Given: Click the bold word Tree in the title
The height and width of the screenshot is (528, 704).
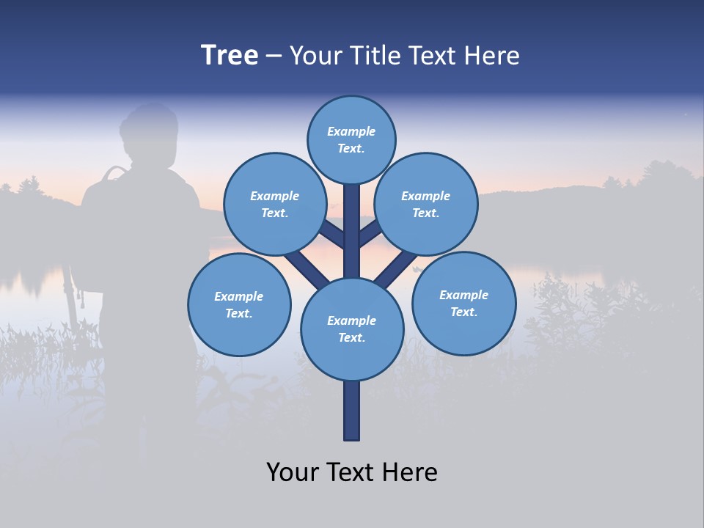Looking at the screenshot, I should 230,56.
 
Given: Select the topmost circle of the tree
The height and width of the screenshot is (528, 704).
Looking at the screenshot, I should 351,139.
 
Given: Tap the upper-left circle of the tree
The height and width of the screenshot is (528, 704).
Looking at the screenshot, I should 274,204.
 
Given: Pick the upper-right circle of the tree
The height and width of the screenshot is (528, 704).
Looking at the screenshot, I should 426,204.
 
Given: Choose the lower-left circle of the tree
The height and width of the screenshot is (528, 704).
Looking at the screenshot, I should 239,304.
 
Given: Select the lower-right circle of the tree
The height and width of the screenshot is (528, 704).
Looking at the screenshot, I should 463,303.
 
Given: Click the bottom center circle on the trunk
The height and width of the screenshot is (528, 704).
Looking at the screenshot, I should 352,329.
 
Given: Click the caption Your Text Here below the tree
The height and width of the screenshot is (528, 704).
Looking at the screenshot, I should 352,472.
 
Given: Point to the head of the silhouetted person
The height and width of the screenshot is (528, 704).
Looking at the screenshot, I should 150,132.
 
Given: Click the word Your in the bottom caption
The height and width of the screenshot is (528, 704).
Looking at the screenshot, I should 292,472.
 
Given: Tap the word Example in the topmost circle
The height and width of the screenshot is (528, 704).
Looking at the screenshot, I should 351,131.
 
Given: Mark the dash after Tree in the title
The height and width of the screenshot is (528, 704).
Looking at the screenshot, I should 274,56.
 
